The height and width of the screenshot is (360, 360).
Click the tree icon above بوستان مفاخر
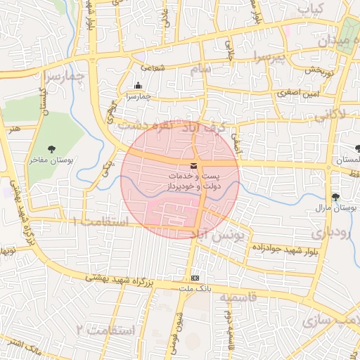[52, 148]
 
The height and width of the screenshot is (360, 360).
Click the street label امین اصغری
[291, 93]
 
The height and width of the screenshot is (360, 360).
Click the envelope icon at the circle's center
[193, 165]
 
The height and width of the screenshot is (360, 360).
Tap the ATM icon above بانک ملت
[194, 278]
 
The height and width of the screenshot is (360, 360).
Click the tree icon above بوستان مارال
[335, 197]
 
